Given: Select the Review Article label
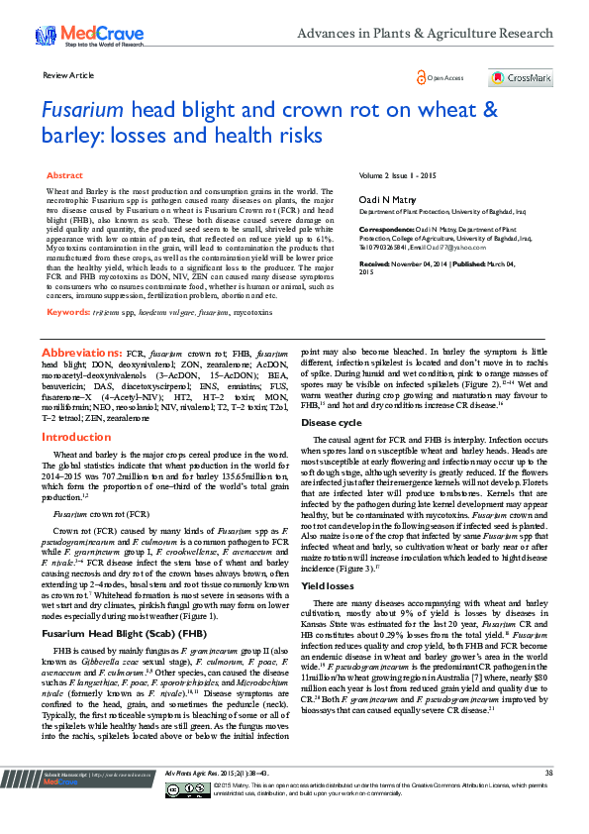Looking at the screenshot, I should pyautogui.click(x=69, y=75).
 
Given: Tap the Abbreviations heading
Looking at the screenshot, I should pyautogui.click(x=80, y=353).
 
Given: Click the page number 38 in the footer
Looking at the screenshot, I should pyautogui.click(x=548, y=798).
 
